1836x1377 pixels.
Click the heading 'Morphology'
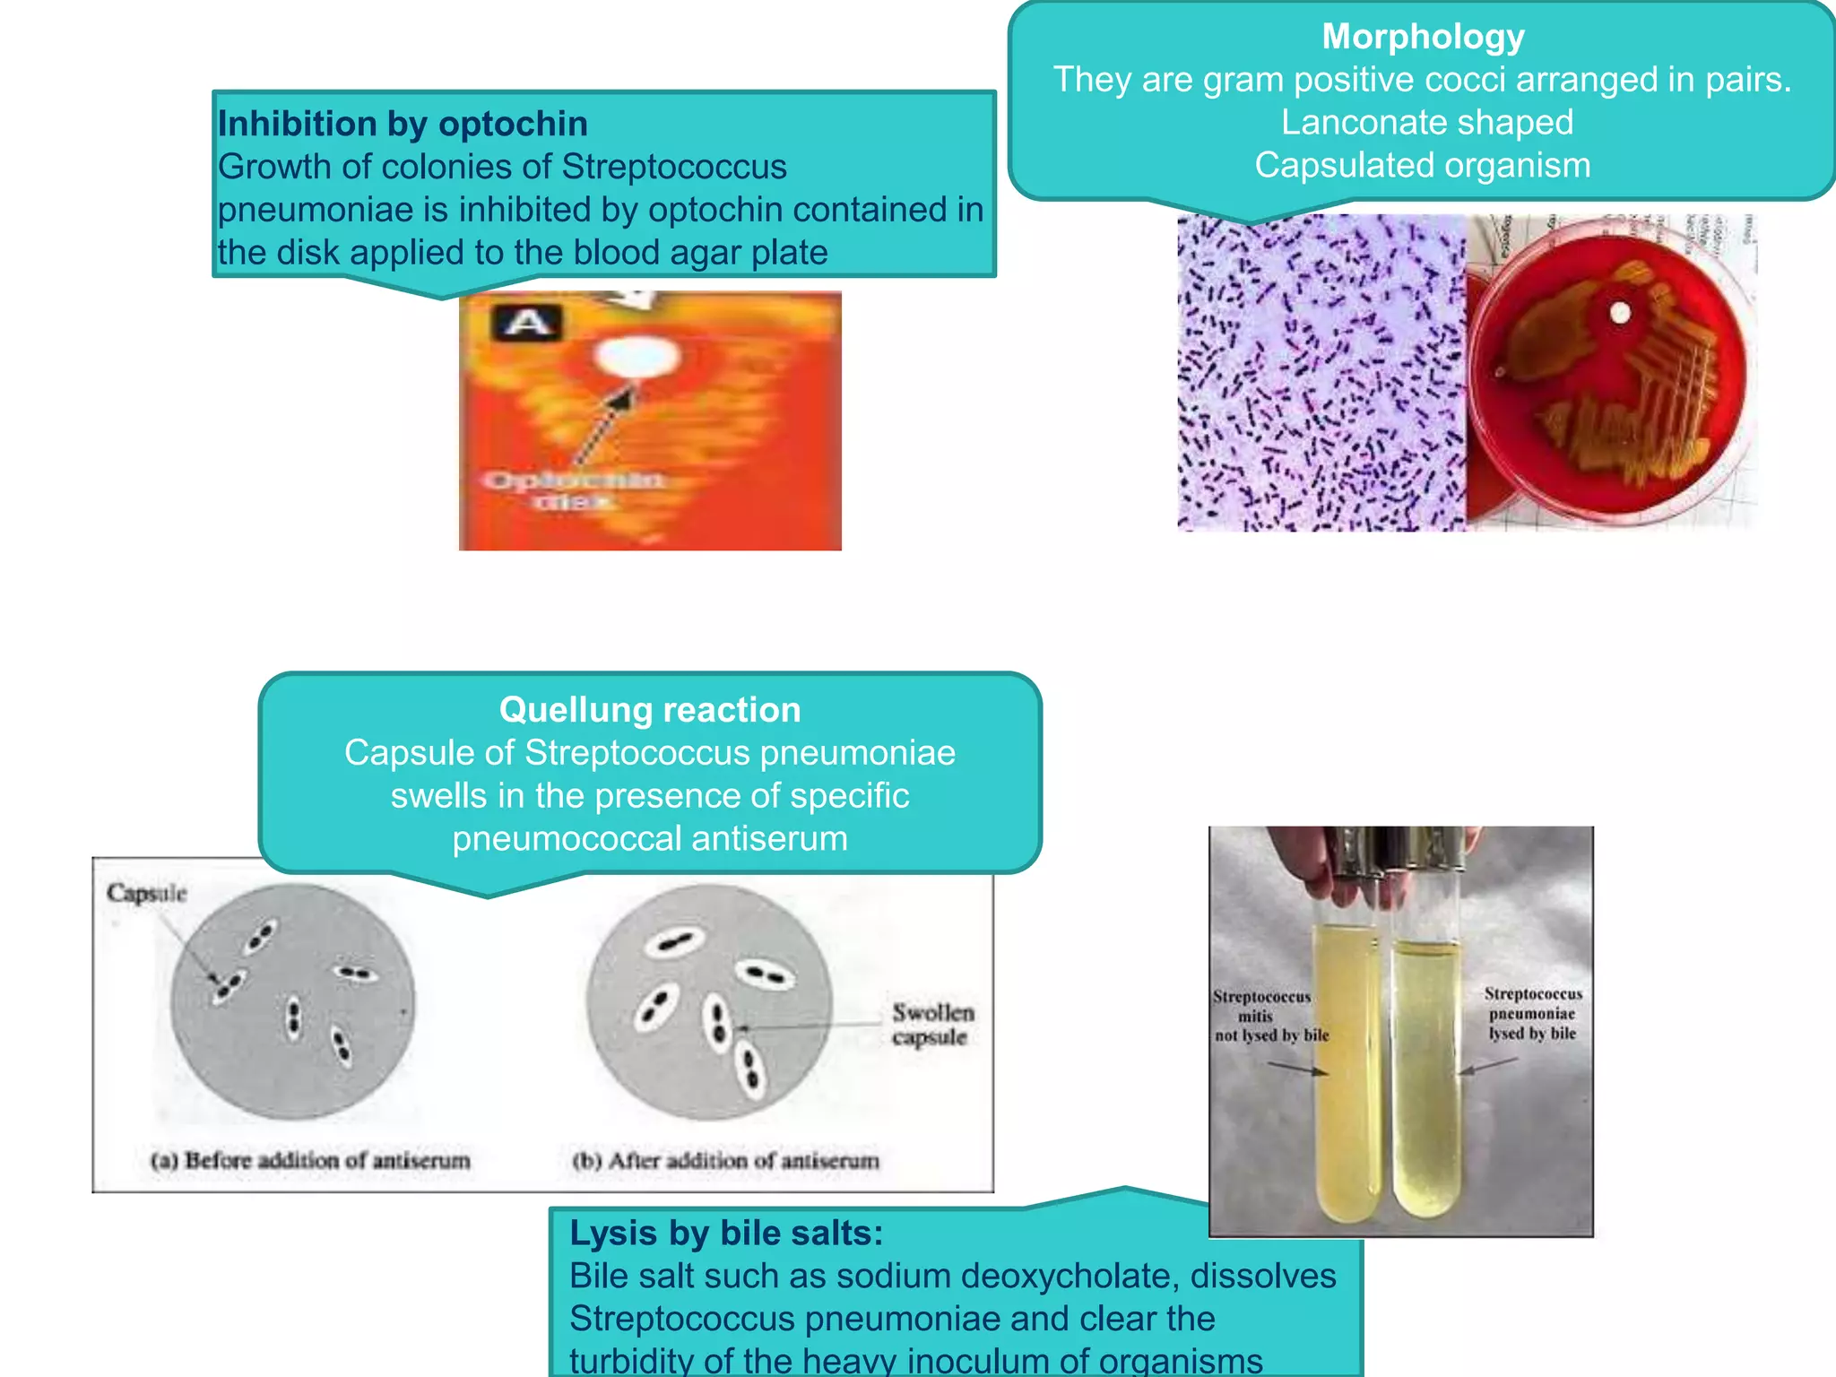point(1423,38)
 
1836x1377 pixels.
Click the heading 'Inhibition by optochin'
point(403,124)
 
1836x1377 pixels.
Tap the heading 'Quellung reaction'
point(650,710)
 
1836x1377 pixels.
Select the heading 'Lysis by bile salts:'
point(726,1234)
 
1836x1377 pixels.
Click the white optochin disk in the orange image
point(637,357)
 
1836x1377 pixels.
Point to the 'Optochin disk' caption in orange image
point(574,490)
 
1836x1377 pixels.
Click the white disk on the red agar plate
point(1620,314)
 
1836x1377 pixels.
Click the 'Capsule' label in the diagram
point(146,893)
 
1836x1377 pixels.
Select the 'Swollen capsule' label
point(932,1025)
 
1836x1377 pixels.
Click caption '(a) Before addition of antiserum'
point(310,1161)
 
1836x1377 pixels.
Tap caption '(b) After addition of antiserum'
point(725,1161)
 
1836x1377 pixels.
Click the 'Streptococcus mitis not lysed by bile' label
point(1271,1016)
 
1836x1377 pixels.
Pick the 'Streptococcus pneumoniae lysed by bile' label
point(1533,1014)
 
